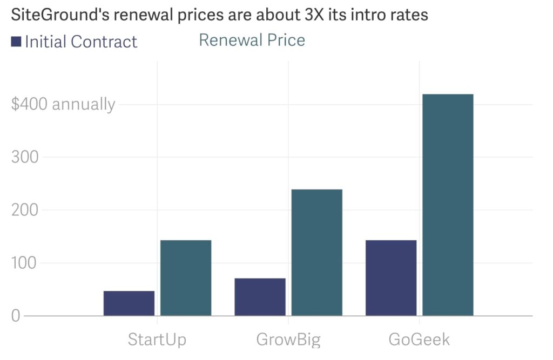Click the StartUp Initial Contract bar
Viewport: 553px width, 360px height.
tap(129, 303)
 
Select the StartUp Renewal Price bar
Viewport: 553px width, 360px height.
tap(186, 277)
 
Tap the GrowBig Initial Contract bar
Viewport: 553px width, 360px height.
tap(260, 296)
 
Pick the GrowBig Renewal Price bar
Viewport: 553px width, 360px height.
tap(316, 252)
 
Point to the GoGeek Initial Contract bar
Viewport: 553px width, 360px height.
tap(391, 277)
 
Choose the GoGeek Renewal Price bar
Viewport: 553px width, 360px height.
tap(448, 205)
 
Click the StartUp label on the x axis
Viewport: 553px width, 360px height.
tap(157, 339)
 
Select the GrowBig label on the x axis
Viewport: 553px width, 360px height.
tap(288, 339)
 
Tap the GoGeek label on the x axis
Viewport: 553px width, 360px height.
tap(419, 339)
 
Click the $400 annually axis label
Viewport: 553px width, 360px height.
tap(63, 104)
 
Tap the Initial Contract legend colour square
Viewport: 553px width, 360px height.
tap(16, 42)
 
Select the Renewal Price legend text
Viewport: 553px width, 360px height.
tap(252, 40)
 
